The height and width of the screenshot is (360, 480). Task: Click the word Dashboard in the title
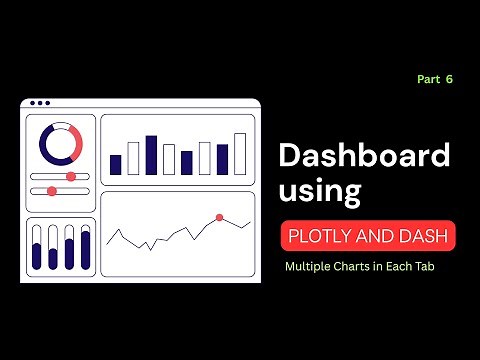(363, 157)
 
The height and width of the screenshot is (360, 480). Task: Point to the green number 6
(450, 78)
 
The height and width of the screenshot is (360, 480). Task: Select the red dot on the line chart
(218, 217)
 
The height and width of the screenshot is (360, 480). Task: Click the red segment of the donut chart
(72, 136)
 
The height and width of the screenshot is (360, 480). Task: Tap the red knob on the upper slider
(71, 176)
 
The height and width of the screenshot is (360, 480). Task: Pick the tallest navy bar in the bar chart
(151, 155)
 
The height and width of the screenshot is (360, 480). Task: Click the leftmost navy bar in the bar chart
(115, 165)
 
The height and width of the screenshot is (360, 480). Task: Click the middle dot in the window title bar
(39, 103)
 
